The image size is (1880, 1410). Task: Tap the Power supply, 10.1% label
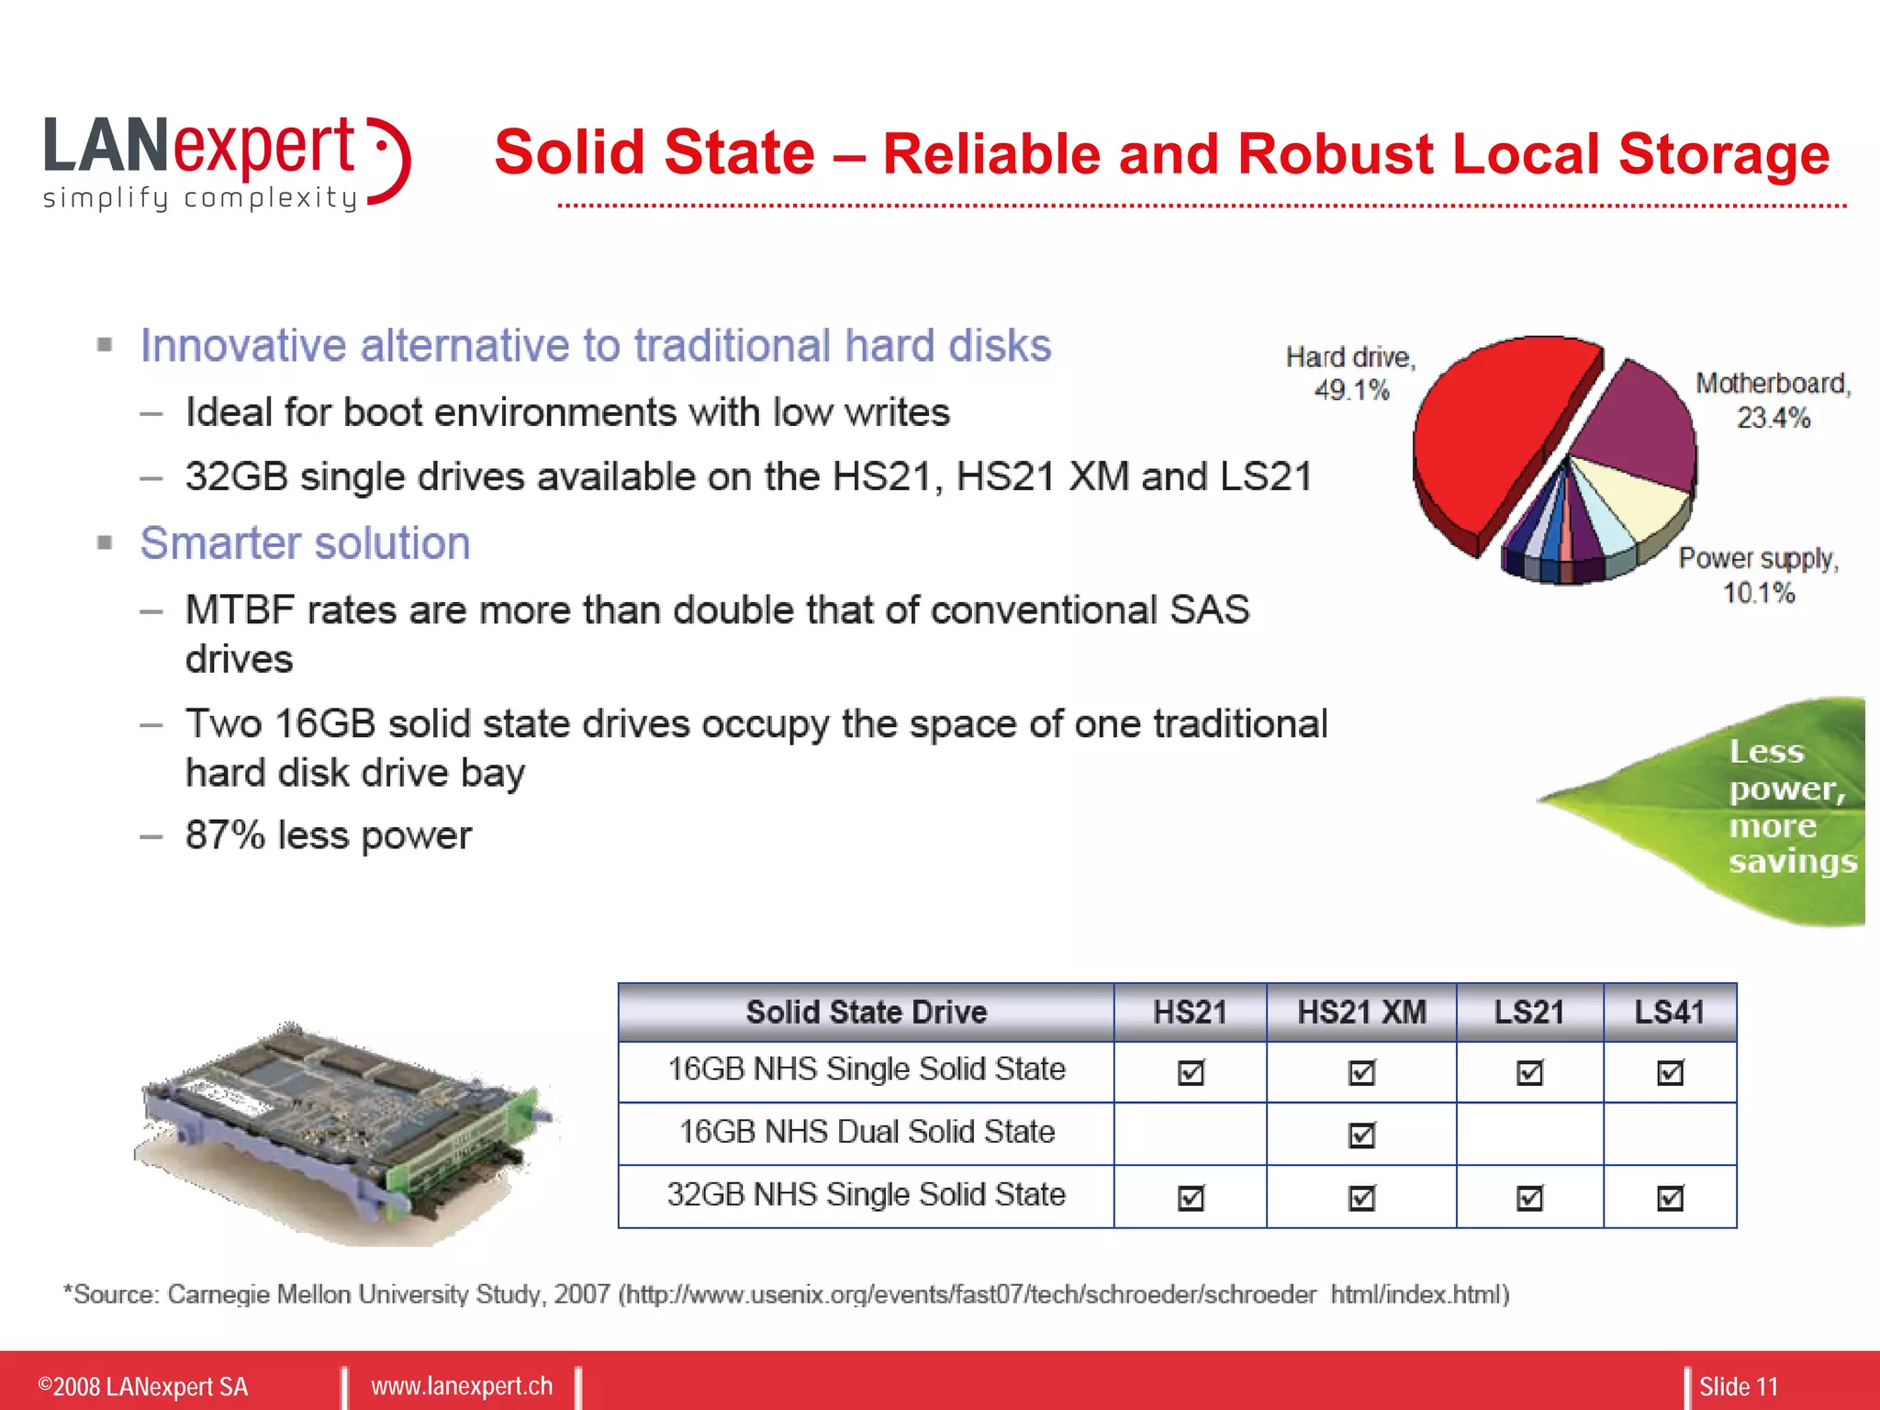click(1758, 575)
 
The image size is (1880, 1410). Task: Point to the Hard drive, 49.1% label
click(1350, 373)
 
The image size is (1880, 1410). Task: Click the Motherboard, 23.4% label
click(1773, 400)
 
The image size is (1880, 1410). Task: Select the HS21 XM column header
click(1361, 1012)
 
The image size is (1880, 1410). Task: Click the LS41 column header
click(1669, 1012)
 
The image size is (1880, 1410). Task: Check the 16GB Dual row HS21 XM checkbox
click(1361, 1135)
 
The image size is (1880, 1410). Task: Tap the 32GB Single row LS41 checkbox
click(1670, 1197)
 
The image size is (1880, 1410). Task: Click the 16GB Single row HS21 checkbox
click(1191, 1071)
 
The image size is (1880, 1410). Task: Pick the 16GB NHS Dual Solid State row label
click(866, 1132)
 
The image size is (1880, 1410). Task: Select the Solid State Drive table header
click(866, 1012)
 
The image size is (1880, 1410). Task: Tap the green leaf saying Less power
click(1744, 808)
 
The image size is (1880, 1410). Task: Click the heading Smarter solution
click(305, 543)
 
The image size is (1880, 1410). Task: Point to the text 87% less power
click(328, 835)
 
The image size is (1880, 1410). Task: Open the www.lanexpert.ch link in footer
click(462, 1386)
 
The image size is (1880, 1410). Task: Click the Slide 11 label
click(1738, 1386)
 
